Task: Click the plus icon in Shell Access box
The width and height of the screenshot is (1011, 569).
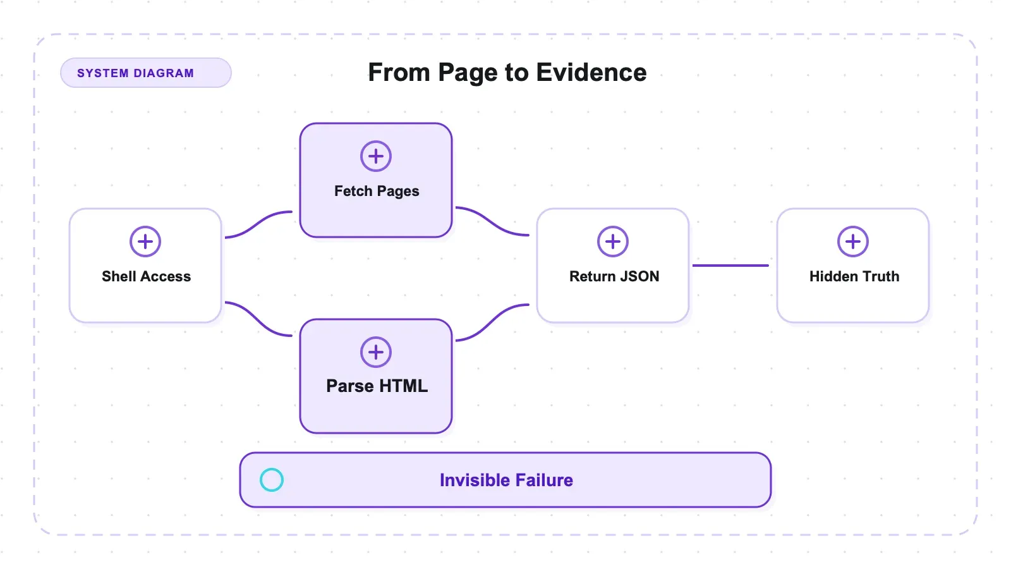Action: click(x=145, y=242)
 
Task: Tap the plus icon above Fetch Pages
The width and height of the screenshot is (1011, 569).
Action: click(x=375, y=156)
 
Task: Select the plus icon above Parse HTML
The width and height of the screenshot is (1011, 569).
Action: click(x=375, y=352)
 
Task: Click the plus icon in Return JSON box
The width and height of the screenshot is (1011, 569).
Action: click(x=612, y=242)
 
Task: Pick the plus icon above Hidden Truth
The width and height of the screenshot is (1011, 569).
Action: click(x=852, y=242)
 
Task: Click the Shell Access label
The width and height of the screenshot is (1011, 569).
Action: click(x=146, y=276)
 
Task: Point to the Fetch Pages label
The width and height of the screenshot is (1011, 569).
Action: click(x=377, y=191)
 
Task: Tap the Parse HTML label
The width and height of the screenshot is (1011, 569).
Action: click(x=377, y=386)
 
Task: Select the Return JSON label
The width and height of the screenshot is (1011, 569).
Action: click(x=614, y=276)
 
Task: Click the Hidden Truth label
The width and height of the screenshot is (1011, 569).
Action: click(x=854, y=276)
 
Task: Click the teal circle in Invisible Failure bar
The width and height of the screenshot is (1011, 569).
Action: click(x=272, y=480)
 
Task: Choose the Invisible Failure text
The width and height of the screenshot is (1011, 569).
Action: click(x=506, y=480)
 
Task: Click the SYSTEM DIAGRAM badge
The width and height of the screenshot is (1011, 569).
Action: click(x=146, y=73)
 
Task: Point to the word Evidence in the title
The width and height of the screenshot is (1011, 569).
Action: click(x=591, y=72)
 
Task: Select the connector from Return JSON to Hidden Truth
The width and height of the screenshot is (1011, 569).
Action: click(x=730, y=266)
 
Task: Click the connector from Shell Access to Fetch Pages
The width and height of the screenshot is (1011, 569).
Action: click(x=258, y=223)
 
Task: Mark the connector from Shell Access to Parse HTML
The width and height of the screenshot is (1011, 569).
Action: click(x=258, y=319)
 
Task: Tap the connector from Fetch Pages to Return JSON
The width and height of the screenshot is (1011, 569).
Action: click(x=492, y=222)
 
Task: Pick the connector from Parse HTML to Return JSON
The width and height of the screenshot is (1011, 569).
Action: click(x=492, y=322)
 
